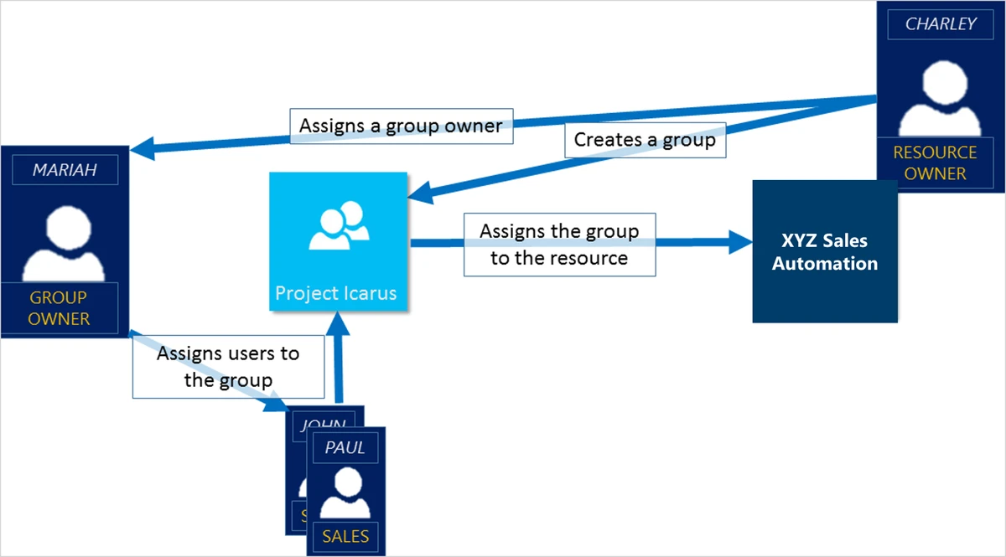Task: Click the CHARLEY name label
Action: [941, 24]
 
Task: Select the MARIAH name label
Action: [65, 170]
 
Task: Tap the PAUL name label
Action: [345, 448]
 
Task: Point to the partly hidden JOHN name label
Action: [323, 422]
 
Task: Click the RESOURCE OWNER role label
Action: [935, 163]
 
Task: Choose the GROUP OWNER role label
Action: [59, 307]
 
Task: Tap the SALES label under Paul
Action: [345, 536]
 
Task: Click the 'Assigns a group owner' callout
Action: [401, 126]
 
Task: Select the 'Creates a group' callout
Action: [644, 140]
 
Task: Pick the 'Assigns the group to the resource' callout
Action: [559, 245]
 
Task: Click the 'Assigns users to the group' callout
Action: [228, 367]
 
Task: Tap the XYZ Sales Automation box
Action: [825, 251]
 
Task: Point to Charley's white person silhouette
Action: [941, 94]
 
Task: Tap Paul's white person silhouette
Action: [345, 493]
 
